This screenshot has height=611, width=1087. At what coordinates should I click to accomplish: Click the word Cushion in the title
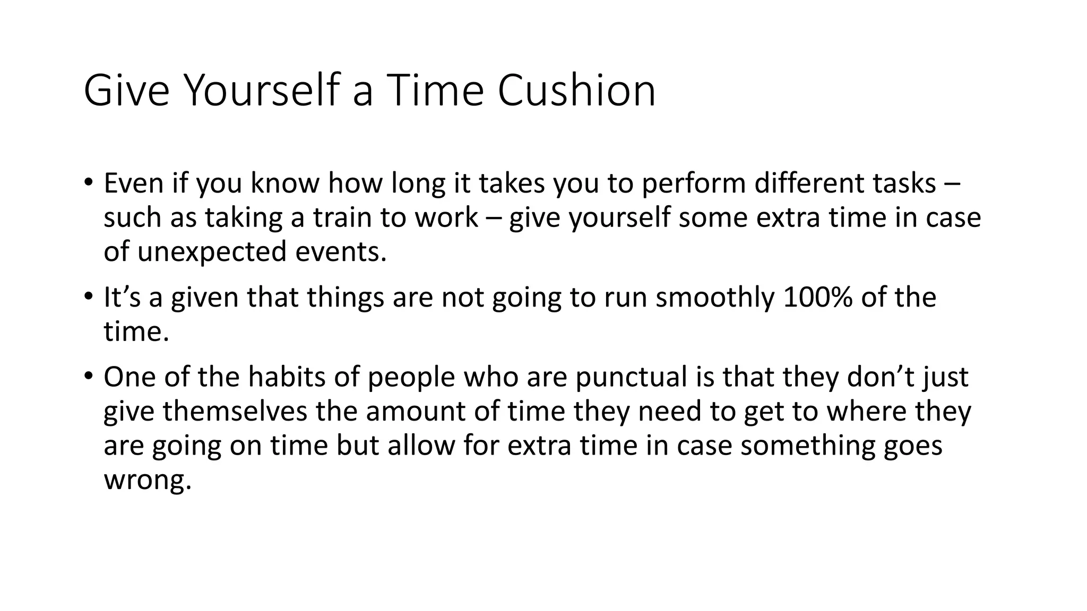[x=576, y=91]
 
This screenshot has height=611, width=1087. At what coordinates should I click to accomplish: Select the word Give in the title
[x=126, y=91]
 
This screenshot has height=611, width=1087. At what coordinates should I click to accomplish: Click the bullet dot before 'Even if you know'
[x=88, y=182]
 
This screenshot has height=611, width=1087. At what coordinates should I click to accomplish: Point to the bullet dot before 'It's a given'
[x=88, y=296]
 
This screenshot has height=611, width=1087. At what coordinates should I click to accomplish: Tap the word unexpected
[x=212, y=251]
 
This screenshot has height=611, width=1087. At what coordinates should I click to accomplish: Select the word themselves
[x=235, y=411]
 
